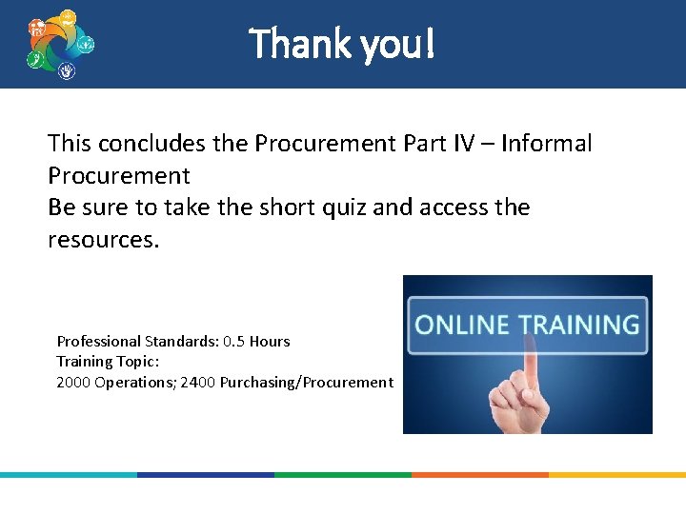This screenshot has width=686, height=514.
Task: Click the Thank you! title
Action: click(342, 44)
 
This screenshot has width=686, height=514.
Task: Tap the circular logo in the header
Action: click(60, 45)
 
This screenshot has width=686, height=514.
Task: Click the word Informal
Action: click(546, 144)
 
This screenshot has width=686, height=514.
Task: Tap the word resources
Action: click(104, 240)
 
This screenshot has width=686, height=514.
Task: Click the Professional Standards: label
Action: click(137, 341)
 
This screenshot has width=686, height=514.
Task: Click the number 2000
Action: click(73, 383)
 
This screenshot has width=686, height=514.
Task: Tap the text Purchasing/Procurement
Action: click(306, 383)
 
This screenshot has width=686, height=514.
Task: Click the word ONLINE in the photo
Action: click(460, 325)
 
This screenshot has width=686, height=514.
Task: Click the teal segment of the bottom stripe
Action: click(69, 474)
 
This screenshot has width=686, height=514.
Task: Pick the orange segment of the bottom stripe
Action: click(479, 474)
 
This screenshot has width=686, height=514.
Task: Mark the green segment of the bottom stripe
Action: click(343, 474)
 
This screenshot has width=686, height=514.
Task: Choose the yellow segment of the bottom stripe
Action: click(616, 474)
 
